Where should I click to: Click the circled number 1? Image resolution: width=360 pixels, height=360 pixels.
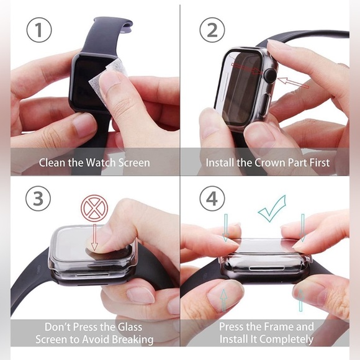point(39,30)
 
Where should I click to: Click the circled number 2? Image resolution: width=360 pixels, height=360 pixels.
point(212,30)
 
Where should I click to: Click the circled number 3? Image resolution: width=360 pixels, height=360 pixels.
point(38,199)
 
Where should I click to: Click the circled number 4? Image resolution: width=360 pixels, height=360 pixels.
point(212,199)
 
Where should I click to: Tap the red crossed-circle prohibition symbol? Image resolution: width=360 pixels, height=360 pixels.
point(94,208)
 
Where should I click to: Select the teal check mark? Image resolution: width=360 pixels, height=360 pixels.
point(272,209)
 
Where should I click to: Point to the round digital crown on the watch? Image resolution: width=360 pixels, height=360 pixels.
point(270,76)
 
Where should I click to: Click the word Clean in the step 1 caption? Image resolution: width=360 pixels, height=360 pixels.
point(53,163)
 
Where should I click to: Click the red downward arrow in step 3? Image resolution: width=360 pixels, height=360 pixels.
point(94,238)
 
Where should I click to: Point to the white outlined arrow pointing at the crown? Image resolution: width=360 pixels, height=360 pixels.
point(293,83)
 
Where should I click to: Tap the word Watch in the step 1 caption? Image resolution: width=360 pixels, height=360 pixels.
point(101,163)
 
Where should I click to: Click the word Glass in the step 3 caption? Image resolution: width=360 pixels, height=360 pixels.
point(130,327)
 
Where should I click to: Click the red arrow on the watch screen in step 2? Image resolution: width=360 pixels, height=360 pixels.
point(247,68)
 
